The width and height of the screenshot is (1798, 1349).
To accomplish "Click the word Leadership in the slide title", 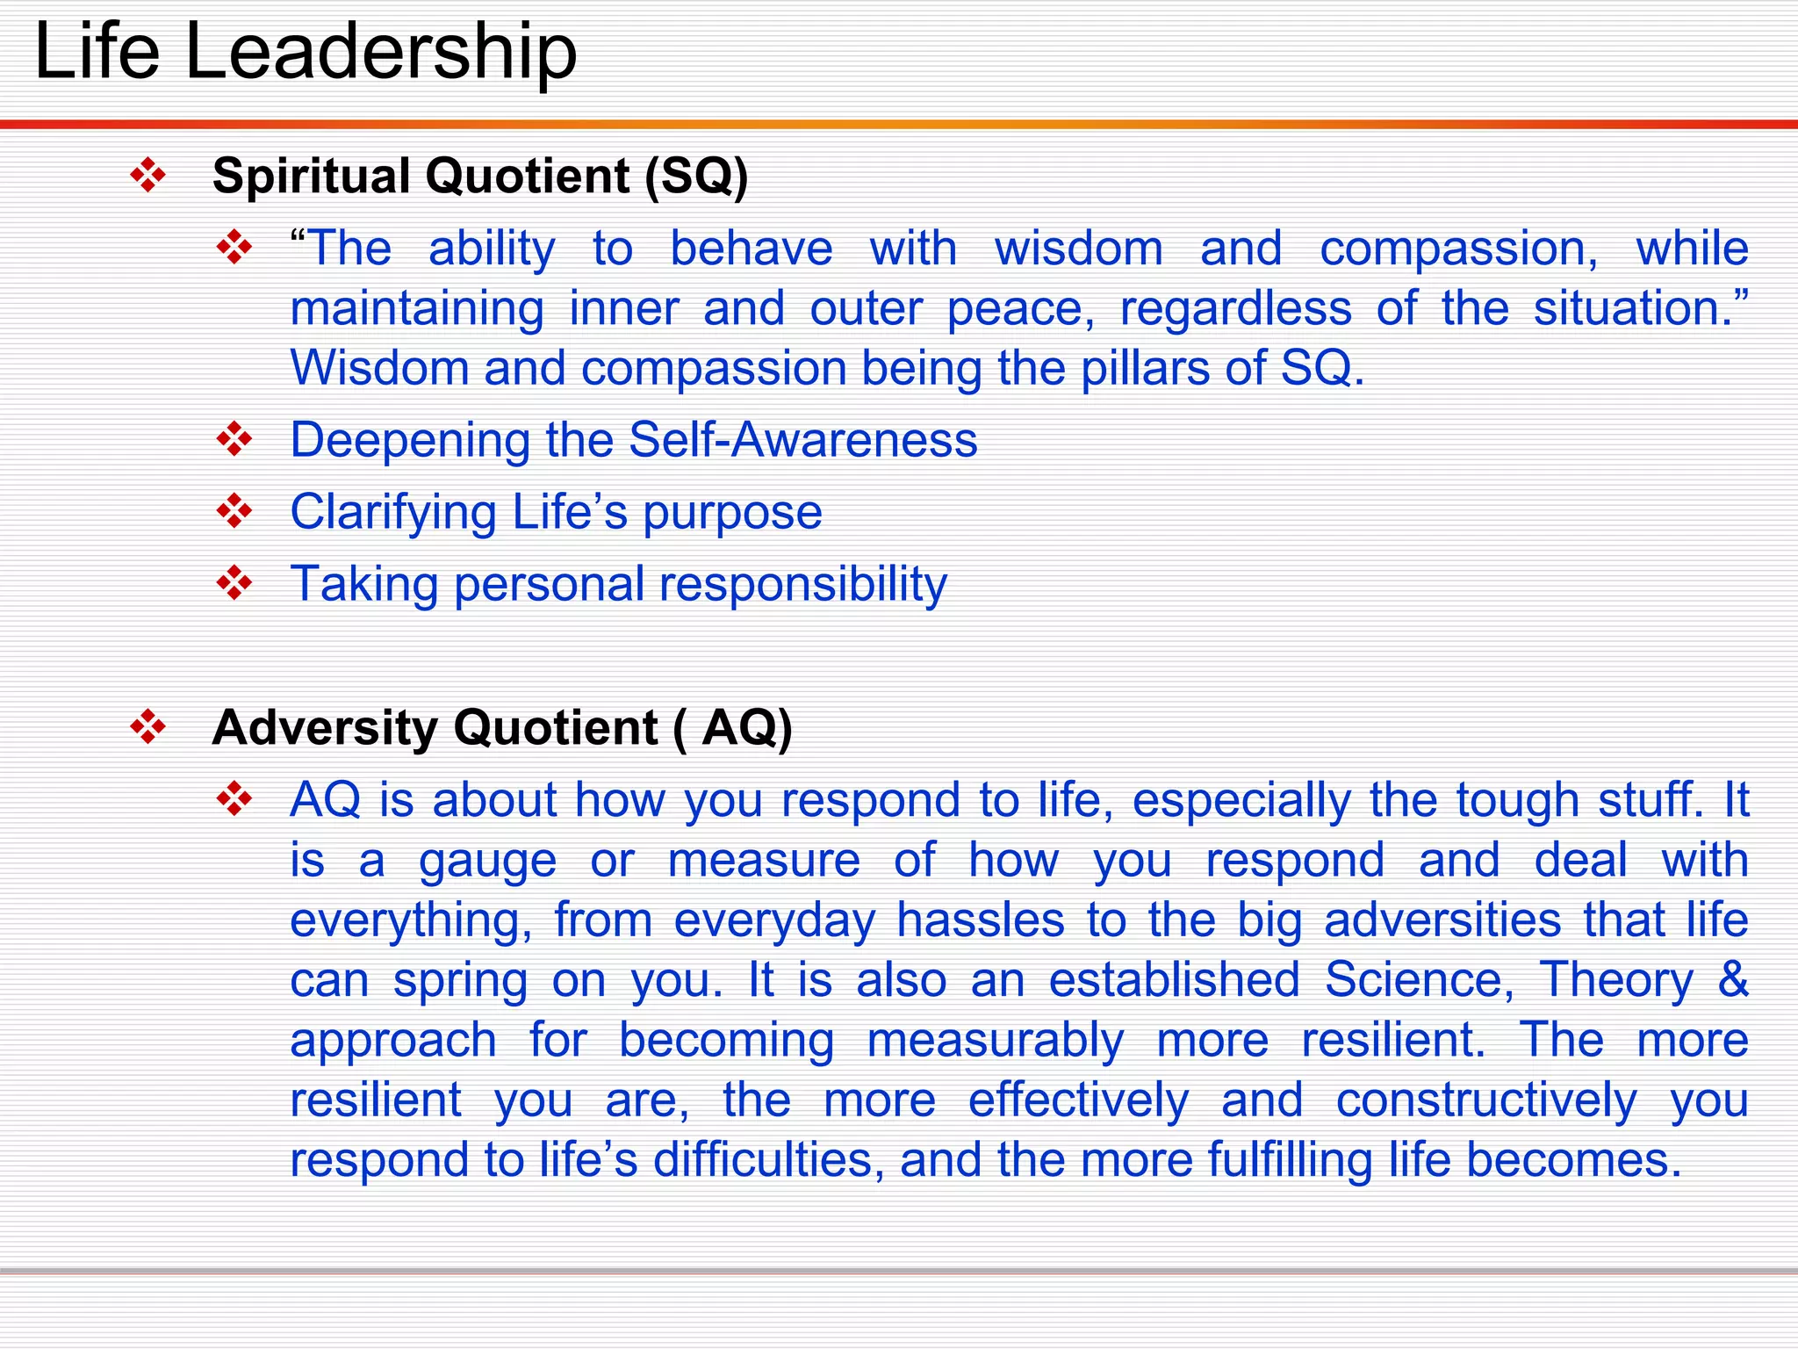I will coord(381,53).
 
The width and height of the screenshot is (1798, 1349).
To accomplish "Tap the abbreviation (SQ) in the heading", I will coord(696,176).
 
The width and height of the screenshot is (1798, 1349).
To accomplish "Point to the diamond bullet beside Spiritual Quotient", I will coord(147,176).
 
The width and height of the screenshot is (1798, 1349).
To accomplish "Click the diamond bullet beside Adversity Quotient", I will coord(147,728).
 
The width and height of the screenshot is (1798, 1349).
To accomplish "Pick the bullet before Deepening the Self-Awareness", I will coord(234,439).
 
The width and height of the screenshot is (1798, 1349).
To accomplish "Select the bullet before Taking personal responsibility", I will coord(234,583).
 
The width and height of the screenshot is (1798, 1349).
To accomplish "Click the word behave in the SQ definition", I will coord(752,249).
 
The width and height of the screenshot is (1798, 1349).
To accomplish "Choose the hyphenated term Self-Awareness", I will coord(802,439).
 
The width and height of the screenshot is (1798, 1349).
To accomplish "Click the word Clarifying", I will coord(393,513).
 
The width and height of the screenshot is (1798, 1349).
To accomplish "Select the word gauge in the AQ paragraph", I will coord(487,862).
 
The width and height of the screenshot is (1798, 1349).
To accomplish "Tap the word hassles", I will coord(980,920).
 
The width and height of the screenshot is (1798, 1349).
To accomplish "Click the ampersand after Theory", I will coord(1733,979).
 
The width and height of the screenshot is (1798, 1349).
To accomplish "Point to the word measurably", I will coord(995,1041).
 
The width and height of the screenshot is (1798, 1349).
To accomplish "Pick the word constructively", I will coord(1486,1100).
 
